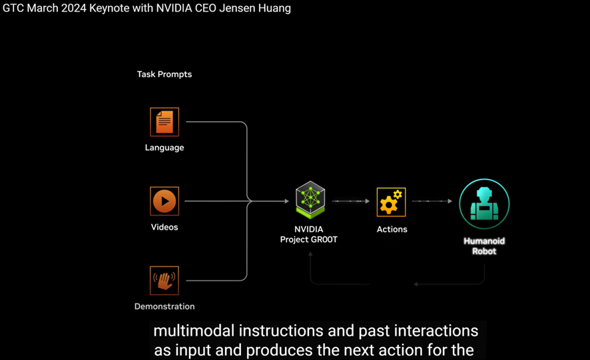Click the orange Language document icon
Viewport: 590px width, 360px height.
[x=164, y=122]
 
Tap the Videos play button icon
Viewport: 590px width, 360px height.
[x=164, y=201]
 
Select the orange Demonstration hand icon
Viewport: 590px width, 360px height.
[x=164, y=280]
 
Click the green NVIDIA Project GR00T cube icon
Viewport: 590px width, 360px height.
[x=310, y=200]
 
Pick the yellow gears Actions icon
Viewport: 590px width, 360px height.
[x=391, y=202]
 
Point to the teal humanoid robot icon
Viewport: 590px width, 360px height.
[x=484, y=204]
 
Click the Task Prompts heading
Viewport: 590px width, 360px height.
[x=164, y=74]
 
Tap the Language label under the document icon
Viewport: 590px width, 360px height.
[x=164, y=148]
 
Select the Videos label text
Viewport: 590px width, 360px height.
[x=164, y=227]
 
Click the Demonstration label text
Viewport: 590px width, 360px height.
[x=164, y=306]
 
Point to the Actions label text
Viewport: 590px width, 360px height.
[x=392, y=229]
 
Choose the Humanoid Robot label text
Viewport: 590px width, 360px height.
[x=484, y=246]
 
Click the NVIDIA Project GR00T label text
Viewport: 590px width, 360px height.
[x=309, y=234]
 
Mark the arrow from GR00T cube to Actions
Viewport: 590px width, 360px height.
[x=351, y=201]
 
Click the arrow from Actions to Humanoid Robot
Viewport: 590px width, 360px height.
[x=432, y=201]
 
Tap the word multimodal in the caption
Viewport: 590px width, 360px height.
[x=193, y=331]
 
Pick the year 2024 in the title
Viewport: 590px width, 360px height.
[x=77, y=9]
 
